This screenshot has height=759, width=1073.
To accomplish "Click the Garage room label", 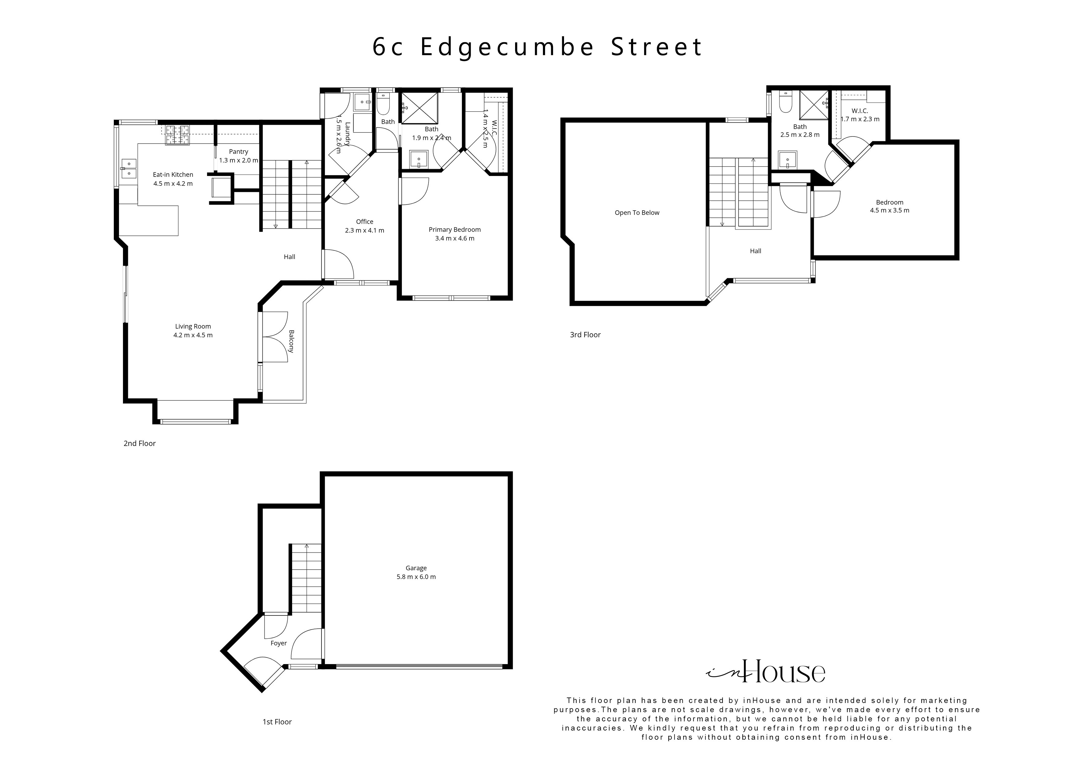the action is click(416, 568).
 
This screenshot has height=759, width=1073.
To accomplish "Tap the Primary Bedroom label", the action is click(455, 230).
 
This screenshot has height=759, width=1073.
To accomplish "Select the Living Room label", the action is click(193, 327).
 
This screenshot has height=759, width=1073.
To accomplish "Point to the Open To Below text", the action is click(637, 213).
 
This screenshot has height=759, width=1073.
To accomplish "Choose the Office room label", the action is click(365, 222).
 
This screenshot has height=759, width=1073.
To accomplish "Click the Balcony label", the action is click(291, 341).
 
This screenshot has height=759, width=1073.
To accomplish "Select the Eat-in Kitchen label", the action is click(173, 175).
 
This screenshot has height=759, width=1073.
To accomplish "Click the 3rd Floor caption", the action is click(585, 335).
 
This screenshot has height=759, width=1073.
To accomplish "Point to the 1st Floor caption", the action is click(277, 722).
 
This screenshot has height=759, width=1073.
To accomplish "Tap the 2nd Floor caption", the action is click(139, 443).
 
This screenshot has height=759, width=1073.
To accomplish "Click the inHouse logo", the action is click(766, 672).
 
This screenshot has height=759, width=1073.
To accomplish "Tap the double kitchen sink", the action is click(128, 168).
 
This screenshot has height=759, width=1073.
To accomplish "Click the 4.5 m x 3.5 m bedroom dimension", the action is click(889, 211).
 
